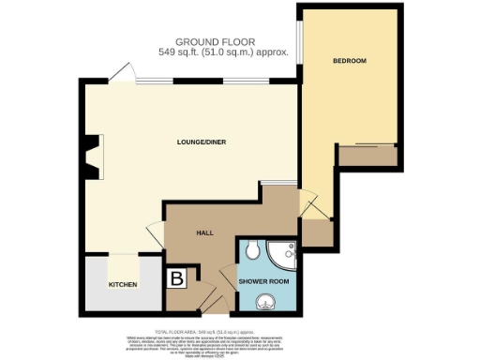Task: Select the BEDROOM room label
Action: point(349,61)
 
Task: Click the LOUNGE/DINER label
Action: point(202,142)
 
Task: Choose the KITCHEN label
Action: point(123,284)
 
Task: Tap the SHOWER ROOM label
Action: point(263,281)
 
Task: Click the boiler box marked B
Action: point(174,277)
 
